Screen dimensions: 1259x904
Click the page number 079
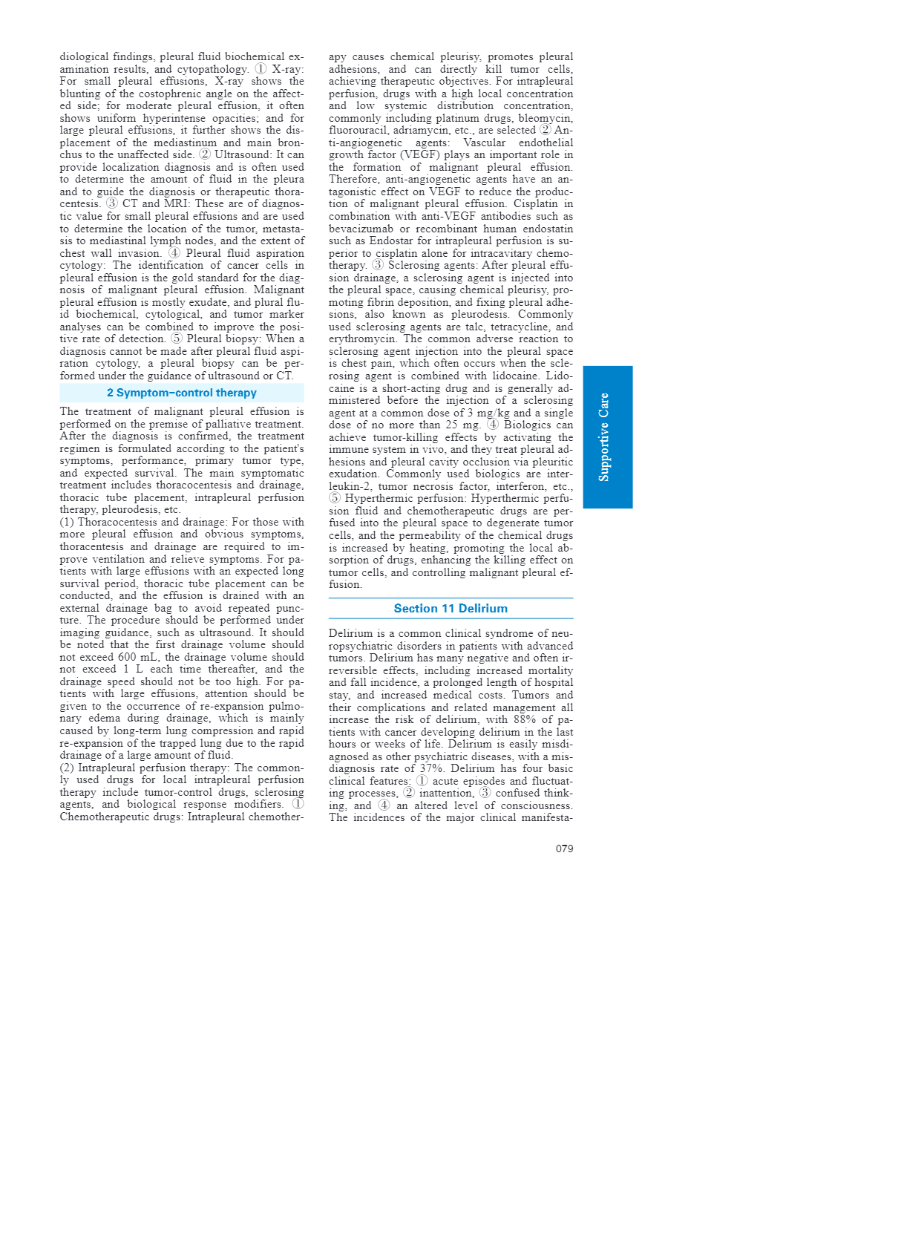coord(564,848)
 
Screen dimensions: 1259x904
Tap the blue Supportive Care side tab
coord(607,436)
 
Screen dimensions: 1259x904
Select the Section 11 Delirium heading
coord(451,609)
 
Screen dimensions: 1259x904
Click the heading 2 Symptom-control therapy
coord(182,393)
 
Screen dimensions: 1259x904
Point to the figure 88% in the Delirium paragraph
coord(524,719)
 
